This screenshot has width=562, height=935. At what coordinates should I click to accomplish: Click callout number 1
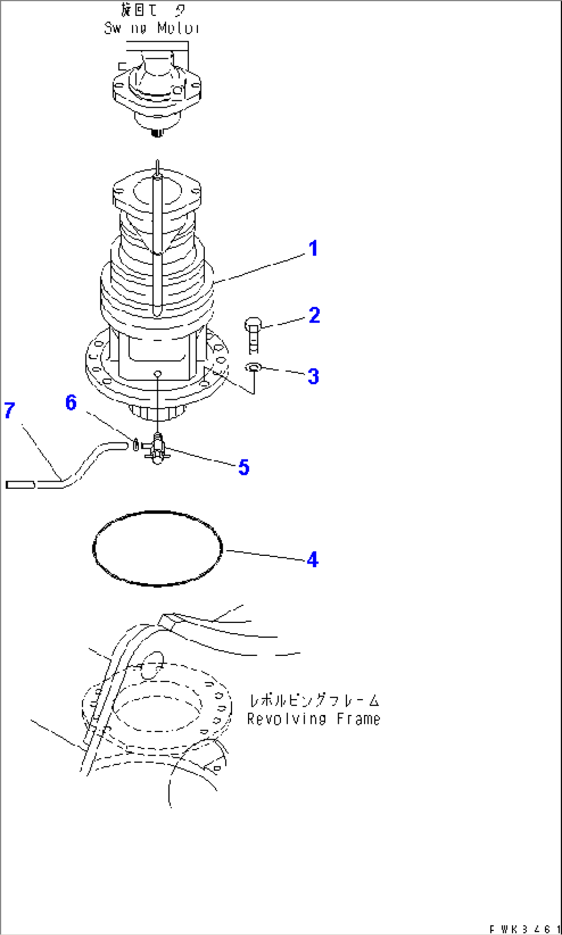tap(313, 249)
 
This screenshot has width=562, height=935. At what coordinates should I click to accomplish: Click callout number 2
tap(314, 315)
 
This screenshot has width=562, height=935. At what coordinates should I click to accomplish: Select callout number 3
tap(313, 376)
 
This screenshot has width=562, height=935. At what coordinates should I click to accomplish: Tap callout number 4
tap(312, 559)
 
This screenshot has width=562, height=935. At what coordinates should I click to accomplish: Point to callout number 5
tap(243, 467)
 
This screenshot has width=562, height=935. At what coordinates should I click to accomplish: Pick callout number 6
tap(71, 402)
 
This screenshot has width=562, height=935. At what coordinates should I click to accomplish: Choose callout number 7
tap(9, 411)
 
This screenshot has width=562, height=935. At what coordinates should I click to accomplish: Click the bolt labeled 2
tap(253, 335)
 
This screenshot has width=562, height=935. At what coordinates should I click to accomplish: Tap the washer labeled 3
tap(253, 367)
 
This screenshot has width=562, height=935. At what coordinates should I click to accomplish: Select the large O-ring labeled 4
tap(157, 549)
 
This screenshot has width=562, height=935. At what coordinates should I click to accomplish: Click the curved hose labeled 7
tap(77, 469)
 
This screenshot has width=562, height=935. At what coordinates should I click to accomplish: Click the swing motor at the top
tap(157, 95)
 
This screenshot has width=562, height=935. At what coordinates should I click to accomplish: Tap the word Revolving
tap(286, 719)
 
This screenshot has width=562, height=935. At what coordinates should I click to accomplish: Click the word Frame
tap(358, 719)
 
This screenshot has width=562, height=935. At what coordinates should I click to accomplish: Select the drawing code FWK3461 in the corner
tap(524, 929)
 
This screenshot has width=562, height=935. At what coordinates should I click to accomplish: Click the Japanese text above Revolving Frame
tap(314, 701)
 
